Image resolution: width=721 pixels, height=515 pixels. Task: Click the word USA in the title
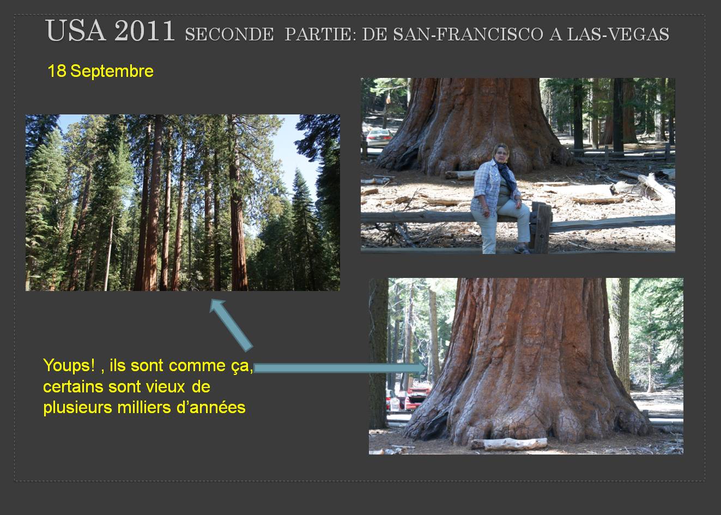[76, 31]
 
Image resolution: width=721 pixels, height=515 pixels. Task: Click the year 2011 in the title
[145, 31]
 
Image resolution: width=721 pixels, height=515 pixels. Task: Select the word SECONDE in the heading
[229, 34]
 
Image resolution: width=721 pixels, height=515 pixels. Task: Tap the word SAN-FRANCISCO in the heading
[453, 34]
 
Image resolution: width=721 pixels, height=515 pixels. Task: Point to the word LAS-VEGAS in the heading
[618, 34]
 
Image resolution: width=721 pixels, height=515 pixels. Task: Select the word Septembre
[112, 71]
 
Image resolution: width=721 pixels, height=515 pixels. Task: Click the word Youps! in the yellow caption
[69, 366]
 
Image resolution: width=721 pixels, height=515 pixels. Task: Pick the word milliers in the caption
[144, 408]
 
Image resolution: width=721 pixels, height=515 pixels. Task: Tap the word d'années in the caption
[211, 408]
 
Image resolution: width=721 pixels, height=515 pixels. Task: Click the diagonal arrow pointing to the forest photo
[231, 324]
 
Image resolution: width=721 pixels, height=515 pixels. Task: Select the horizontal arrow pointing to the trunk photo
[340, 368]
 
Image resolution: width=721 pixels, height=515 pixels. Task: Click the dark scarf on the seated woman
[505, 174]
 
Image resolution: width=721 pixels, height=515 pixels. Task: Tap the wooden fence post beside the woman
[541, 227]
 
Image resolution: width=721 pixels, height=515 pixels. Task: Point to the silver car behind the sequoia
[379, 136]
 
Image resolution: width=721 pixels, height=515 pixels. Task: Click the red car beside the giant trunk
[417, 398]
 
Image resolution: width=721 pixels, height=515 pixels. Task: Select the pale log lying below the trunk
[509, 444]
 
